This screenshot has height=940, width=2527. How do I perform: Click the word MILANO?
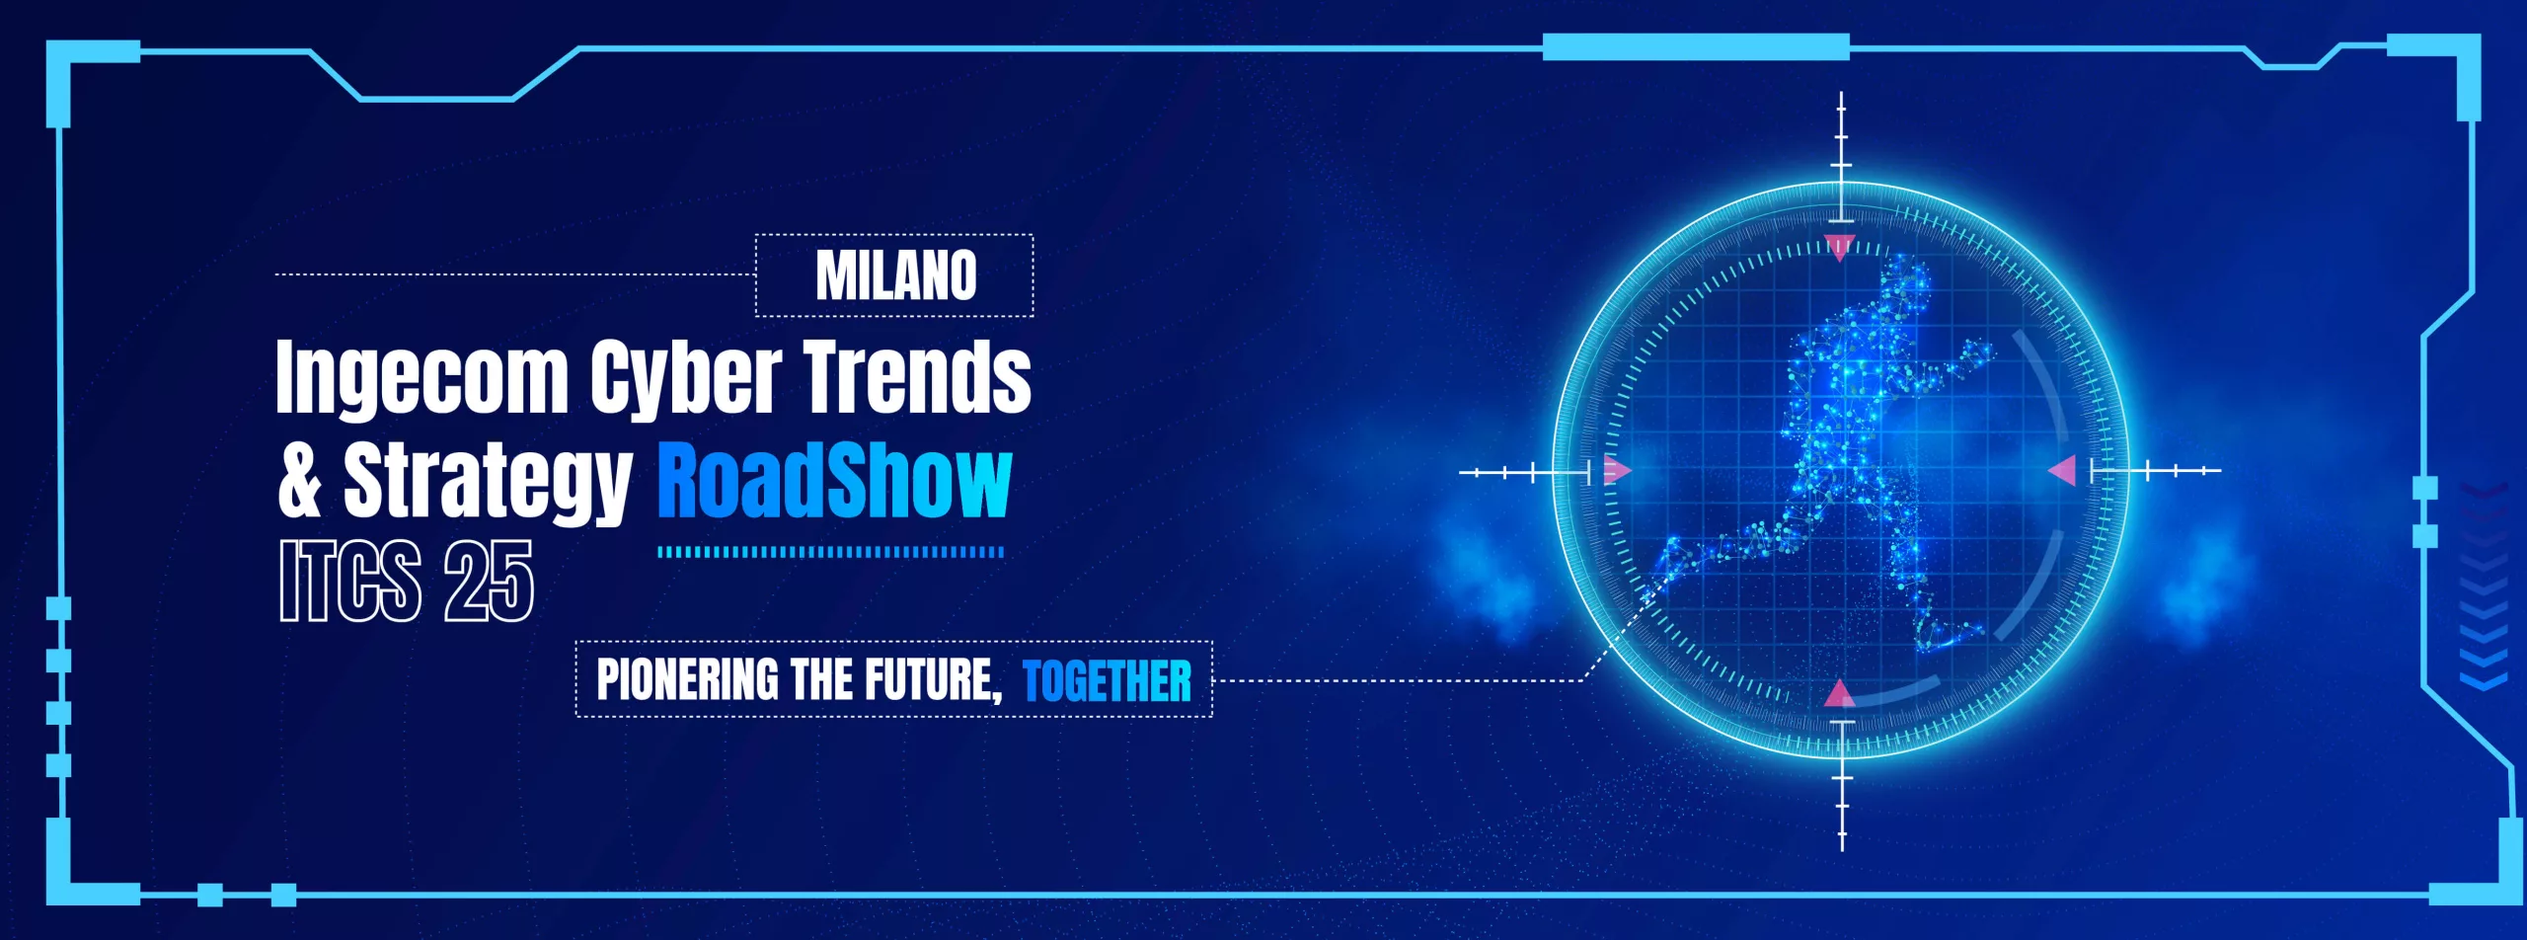tap(895, 274)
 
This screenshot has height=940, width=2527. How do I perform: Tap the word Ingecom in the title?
tap(422, 378)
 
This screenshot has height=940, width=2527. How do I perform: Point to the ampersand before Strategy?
tap(300, 480)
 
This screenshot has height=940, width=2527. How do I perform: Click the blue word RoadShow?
tap(835, 480)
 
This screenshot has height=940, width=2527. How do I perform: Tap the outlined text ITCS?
tap(350, 581)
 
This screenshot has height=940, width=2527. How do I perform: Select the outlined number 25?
tap(489, 581)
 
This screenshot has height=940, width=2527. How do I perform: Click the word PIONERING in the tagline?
tap(688, 679)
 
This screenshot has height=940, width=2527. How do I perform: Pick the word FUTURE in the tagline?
tap(934, 680)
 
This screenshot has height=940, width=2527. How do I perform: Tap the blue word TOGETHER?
tap(1107, 680)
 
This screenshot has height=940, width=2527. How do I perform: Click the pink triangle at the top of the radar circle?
tap(1840, 247)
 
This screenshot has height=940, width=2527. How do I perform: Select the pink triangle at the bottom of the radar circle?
tap(1840, 693)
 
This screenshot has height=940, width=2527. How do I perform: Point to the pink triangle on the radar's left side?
tap(1617, 470)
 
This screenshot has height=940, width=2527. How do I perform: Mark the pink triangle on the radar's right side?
tap(2063, 470)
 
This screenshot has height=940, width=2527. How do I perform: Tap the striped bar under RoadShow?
tap(830, 552)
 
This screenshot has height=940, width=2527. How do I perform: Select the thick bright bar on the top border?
tap(1696, 46)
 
